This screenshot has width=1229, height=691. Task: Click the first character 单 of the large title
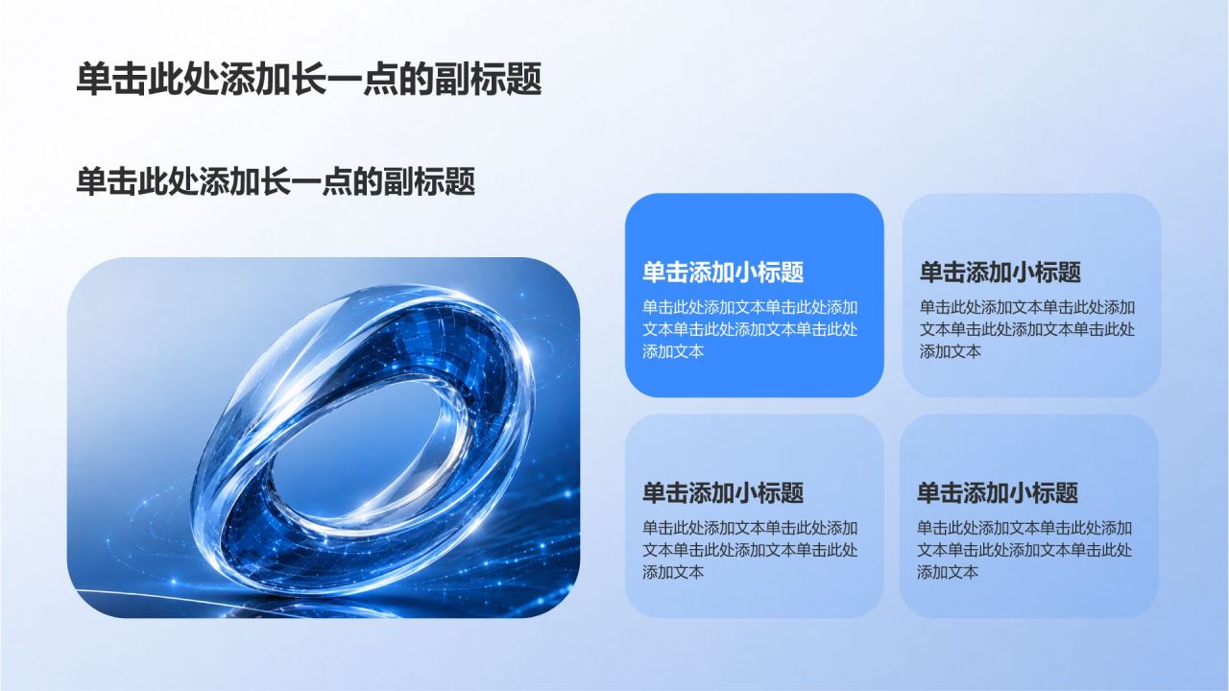93,80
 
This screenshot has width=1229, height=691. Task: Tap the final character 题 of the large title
524,80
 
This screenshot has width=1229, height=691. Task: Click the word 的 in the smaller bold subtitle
368,181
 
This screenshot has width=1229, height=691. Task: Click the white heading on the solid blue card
723,273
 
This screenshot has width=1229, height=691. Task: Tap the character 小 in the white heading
746,273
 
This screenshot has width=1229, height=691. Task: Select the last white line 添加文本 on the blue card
673,351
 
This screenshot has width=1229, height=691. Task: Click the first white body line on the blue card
750,308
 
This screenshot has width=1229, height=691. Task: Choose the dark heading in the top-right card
1000,273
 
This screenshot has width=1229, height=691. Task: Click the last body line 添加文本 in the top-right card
951,351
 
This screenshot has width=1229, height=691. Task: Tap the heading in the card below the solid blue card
723,493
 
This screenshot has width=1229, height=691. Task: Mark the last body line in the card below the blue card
673,573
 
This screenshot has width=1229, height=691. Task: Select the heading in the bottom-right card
998,493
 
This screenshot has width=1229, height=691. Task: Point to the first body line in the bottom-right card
1024,528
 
